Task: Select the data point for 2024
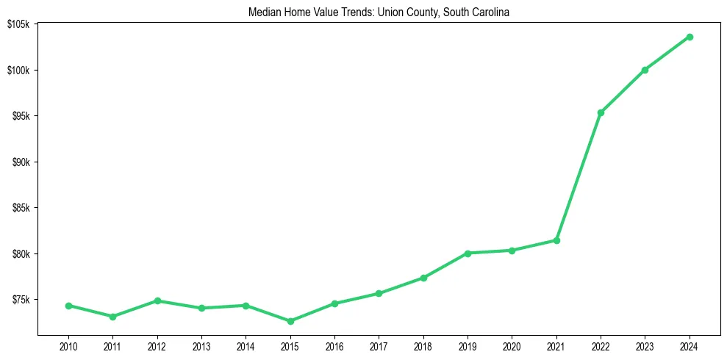690,37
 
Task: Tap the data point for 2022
601,112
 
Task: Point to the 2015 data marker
290,321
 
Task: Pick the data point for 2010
68,306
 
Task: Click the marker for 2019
468,253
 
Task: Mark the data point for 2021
556,240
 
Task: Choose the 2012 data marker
157,300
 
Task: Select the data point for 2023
645,70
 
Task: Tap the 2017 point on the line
379,293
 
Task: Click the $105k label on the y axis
18,24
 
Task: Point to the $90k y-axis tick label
19,162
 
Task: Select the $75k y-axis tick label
19,300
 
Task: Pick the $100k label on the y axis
18,71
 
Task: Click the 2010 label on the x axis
68,346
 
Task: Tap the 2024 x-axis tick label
690,346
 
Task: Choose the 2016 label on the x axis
334,346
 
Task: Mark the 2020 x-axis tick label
512,346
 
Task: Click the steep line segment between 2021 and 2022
579,176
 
